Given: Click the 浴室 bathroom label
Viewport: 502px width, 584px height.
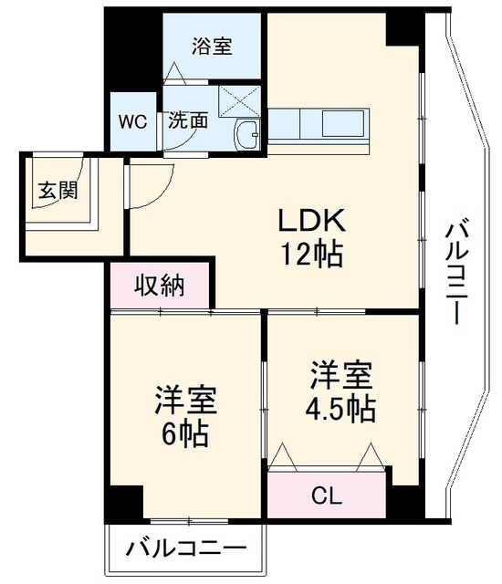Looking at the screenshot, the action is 212,47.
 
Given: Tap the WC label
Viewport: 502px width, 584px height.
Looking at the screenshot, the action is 133,121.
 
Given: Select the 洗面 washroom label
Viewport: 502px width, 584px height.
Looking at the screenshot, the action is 188,120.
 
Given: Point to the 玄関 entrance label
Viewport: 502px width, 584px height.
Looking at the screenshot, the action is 58,191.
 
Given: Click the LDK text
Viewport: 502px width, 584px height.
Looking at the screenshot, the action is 312,221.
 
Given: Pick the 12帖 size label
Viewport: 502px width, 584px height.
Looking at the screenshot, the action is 312,255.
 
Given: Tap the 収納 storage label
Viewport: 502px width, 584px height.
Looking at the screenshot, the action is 160,286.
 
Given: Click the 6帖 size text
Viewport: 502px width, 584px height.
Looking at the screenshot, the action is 184,434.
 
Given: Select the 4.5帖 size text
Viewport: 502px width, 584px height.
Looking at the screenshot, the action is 340,409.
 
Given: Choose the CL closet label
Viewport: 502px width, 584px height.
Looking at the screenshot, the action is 327,495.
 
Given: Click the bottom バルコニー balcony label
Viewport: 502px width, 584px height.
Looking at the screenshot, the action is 186,548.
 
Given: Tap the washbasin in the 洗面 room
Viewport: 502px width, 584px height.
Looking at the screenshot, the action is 246,135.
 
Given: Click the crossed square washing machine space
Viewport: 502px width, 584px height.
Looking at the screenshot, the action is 240,101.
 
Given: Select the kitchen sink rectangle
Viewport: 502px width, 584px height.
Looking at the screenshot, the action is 343,123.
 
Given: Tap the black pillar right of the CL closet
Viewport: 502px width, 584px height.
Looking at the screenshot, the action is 405,493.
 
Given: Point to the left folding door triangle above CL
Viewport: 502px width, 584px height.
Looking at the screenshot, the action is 283,457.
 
